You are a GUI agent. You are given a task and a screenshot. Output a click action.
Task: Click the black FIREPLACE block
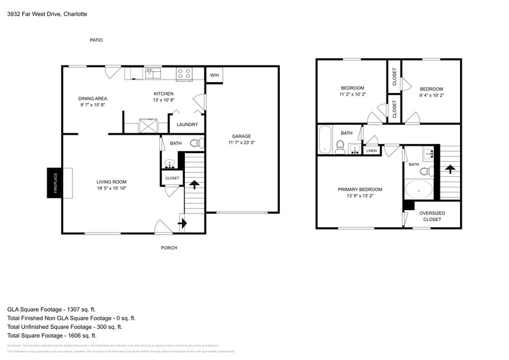(x=53, y=182)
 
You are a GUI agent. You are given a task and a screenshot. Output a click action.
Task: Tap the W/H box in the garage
(x=214, y=75)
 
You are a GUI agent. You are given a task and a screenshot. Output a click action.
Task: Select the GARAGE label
(x=241, y=137)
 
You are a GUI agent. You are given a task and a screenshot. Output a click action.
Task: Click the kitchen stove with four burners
(x=184, y=73)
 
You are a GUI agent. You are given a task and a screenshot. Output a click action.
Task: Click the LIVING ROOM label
(x=111, y=182)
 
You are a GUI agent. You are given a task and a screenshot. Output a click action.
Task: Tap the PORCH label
(x=169, y=248)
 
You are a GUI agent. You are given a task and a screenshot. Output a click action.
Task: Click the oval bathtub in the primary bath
(x=419, y=190)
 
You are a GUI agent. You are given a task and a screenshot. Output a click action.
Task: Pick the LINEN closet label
(x=371, y=151)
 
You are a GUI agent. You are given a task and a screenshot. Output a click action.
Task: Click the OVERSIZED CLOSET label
(x=432, y=216)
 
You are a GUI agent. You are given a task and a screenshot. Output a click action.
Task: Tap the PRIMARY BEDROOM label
(x=360, y=189)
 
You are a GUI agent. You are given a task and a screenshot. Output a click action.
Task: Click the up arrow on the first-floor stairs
(x=195, y=183)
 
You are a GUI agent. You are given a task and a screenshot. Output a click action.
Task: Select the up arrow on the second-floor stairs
(x=450, y=167)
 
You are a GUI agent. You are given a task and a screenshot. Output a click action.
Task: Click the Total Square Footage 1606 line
(x=52, y=336)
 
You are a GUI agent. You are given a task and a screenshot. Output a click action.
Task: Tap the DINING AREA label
(x=93, y=99)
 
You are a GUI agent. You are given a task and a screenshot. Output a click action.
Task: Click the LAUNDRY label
(x=187, y=125)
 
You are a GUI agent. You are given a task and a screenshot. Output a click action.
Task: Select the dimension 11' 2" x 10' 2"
(x=352, y=94)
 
